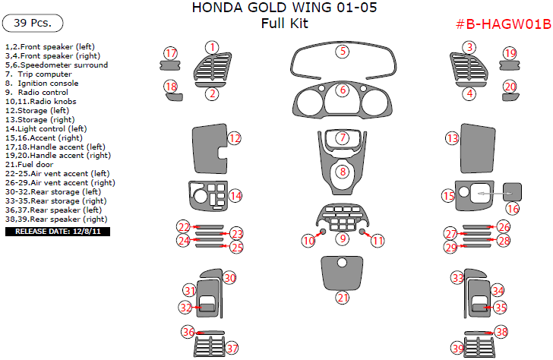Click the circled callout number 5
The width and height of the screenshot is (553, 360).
coord(343,52)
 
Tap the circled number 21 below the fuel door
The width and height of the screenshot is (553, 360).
coord(343,297)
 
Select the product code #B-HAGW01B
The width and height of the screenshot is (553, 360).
coord(502,25)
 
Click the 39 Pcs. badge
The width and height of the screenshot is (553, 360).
coord(33,23)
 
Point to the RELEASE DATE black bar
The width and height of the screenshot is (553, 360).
coord(58,231)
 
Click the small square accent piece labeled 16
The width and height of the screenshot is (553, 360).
coord(513,191)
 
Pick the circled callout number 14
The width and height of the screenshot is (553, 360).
coord(236,195)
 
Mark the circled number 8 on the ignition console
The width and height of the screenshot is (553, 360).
coord(343,172)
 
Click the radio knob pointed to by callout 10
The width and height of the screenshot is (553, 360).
coord(323,231)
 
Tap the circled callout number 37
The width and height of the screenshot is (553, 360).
coord(232,349)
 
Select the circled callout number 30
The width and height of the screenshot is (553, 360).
coord(229,278)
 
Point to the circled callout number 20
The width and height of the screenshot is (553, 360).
coord(510,87)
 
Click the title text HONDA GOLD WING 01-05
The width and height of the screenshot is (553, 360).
coord(283,8)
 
